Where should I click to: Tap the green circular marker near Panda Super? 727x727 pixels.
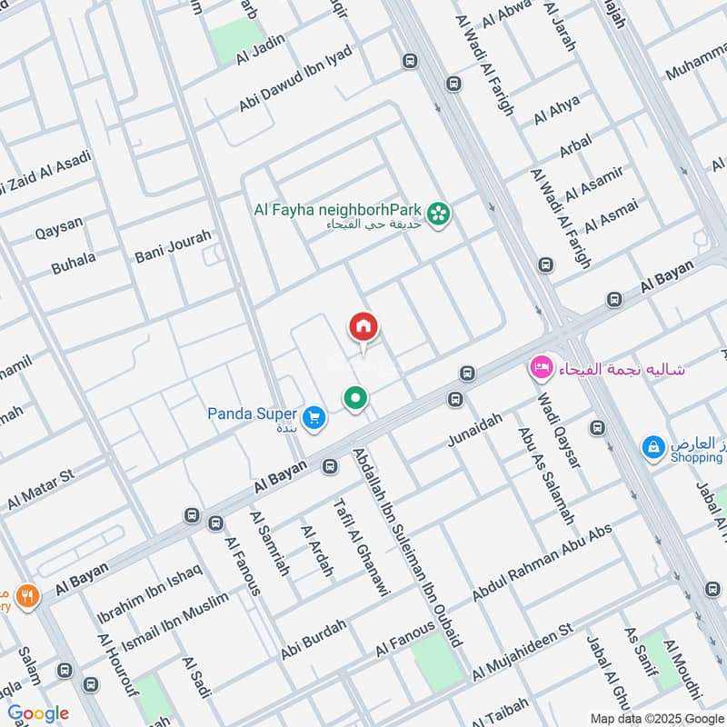(x=355, y=397)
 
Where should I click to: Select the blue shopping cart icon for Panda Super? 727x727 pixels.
(x=314, y=417)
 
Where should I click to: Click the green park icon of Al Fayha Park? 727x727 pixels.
(x=441, y=214)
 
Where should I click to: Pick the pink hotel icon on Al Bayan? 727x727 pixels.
(x=541, y=369)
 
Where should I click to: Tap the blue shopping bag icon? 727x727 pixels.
(x=652, y=447)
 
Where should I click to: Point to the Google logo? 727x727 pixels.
(x=38, y=712)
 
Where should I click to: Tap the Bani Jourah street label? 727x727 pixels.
(x=173, y=246)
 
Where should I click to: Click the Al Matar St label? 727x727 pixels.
(x=40, y=490)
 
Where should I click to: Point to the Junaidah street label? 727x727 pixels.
(x=474, y=429)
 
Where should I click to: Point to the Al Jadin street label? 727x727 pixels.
(x=261, y=46)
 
